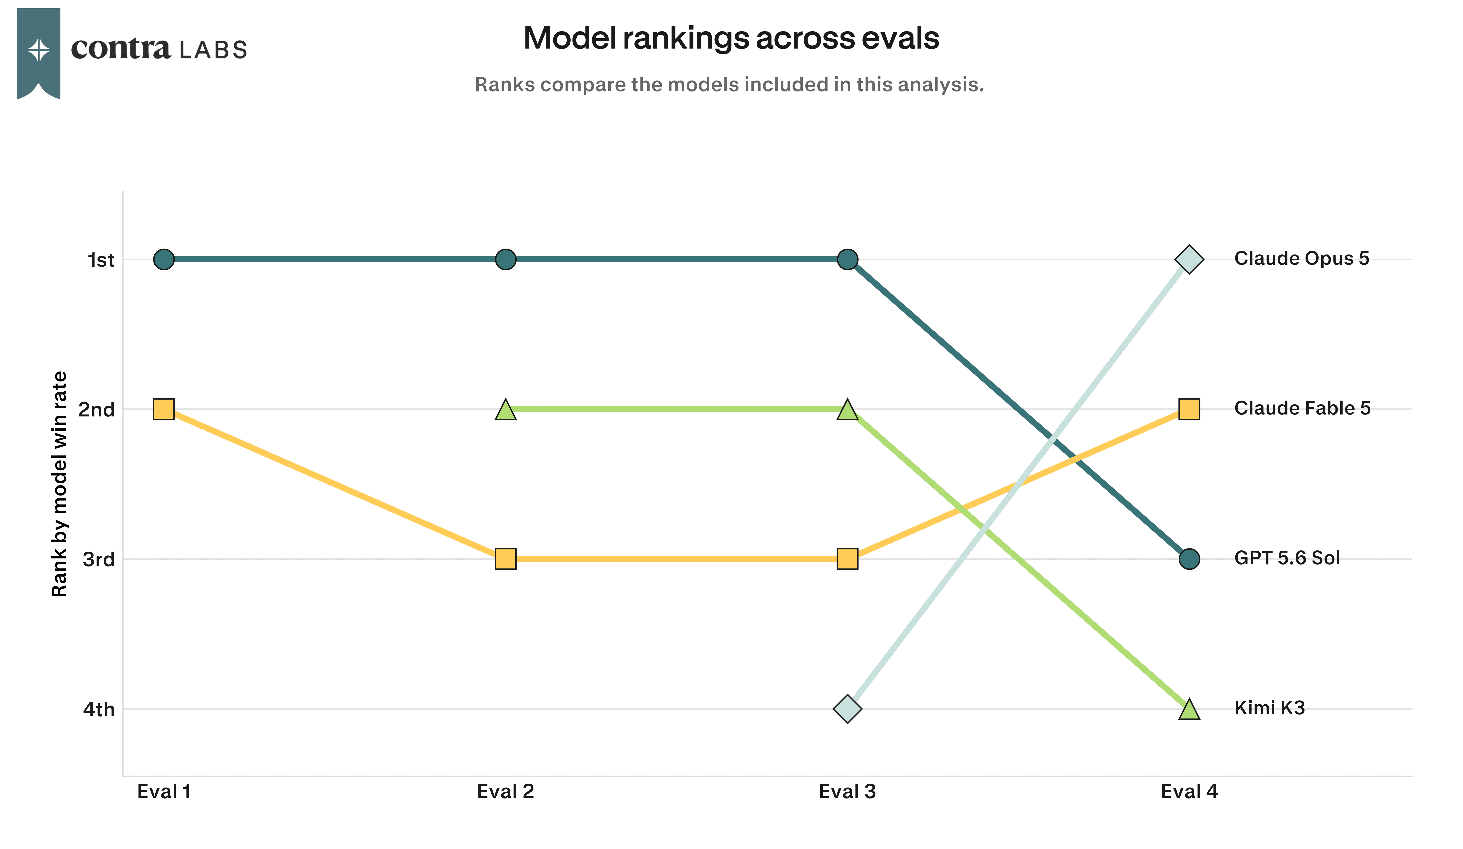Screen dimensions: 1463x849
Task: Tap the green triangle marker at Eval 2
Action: [x=506, y=409]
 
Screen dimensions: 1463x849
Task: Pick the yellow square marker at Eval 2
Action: [x=506, y=559]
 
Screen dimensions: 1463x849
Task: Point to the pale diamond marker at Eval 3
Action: [x=848, y=708]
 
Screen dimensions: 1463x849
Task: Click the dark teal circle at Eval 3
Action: [x=848, y=259]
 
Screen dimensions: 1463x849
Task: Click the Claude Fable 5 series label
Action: [x=1302, y=408]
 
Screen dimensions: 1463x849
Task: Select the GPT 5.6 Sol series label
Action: [x=1287, y=558]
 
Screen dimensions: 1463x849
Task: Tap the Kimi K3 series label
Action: [x=1270, y=708]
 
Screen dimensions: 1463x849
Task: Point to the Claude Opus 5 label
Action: [x=1302, y=258]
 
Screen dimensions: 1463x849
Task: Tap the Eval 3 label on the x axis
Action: [x=848, y=791]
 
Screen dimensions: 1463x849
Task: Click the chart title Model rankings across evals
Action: [x=731, y=38]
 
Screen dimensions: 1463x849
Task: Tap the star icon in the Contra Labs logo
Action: [x=39, y=50]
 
